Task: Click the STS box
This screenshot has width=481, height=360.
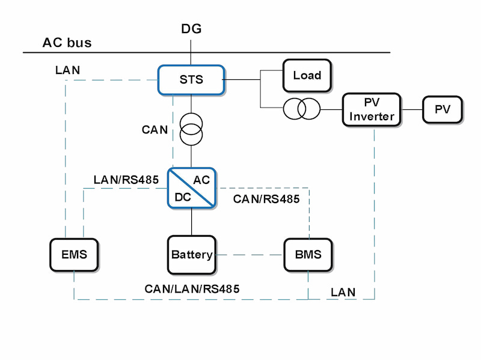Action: pos(191,79)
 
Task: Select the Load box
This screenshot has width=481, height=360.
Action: pos(307,75)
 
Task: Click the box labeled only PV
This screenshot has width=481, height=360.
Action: pos(443,109)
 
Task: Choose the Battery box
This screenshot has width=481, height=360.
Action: pos(191,254)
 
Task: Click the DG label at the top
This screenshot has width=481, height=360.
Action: pos(191,29)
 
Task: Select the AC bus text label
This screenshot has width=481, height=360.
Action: pos(67,43)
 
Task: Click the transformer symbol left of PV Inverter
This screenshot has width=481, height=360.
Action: pos(302,109)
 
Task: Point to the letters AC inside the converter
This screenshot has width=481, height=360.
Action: pos(202,180)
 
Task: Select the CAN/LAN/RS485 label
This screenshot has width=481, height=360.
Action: pos(192,288)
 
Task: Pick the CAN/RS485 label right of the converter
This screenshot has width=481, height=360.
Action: pos(266,199)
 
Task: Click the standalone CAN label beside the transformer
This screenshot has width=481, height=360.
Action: pos(155,129)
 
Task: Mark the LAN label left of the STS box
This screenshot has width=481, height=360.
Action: pos(67,70)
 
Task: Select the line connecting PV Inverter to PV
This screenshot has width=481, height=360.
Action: pos(412,109)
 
